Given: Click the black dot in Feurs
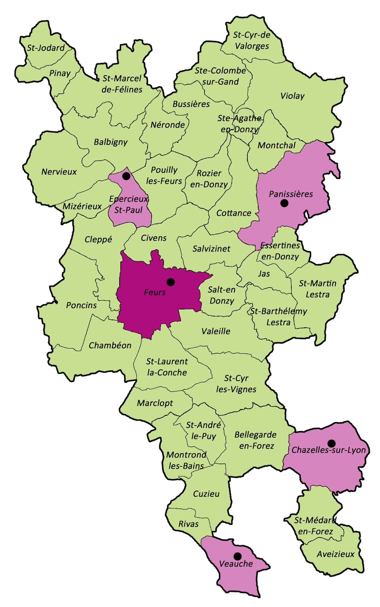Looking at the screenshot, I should click(x=171, y=282).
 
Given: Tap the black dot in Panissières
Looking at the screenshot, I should click(x=284, y=203).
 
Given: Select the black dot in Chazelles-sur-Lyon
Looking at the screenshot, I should click(x=331, y=443).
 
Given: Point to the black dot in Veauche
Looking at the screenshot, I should click(x=237, y=556).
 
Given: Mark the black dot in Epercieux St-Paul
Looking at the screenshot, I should click(x=126, y=176).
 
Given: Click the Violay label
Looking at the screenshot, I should click(x=292, y=96).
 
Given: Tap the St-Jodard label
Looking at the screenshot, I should click(x=46, y=48).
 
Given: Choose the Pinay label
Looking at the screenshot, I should click(x=60, y=73).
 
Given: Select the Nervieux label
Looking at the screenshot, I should click(x=59, y=172).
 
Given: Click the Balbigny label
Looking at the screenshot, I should click(x=111, y=142).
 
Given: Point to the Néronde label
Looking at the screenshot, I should click(x=168, y=125).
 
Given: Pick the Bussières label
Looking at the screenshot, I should click(x=191, y=104).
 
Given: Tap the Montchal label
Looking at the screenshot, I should click(x=276, y=145).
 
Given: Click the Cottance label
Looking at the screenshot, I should click(x=234, y=213).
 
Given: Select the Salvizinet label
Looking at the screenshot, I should click(x=211, y=248).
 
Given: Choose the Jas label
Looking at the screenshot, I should click(x=264, y=274).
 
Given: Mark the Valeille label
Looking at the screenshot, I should click(x=216, y=331).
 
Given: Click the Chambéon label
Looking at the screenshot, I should click(x=110, y=346).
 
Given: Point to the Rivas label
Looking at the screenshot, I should click(x=189, y=524).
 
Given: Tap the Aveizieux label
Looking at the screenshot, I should click(x=336, y=554).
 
